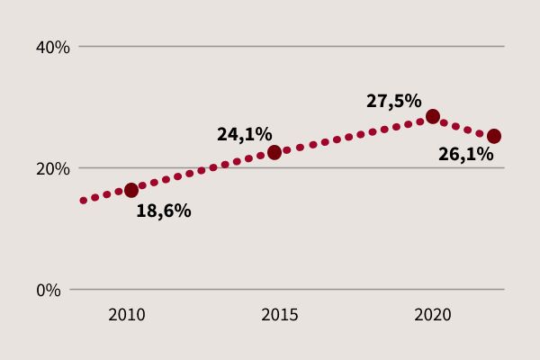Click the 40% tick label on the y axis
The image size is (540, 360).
pyautogui.click(x=51, y=47)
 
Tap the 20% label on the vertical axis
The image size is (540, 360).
pyautogui.click(x=51, y=168)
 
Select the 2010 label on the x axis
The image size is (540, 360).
pyautogui.click(x=126, y=315)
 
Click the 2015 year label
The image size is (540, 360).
pyautogui.click(x=280, y=315)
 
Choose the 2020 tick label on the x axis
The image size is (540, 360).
pyautogui.click(x=432, y=315)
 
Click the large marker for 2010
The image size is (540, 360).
pyautogui.click(x=131, y=190)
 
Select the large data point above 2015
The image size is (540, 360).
pyautogui.click(x=274, y=152)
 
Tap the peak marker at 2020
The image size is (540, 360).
pyautogui.click(x=433, y=116)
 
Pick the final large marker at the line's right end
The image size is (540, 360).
pyautogui.click(x=493, y=136)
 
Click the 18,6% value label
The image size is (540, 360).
pyautogui.click(x=163, y=211)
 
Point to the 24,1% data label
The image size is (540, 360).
pyautogui.click(x=244, y=134)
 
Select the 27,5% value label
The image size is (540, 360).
pyautogui.click(x=393, y=101)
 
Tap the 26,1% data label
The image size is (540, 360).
pyautogui.click(x=465, y=155)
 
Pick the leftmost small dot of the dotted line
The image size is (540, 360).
pyautogui.click(x=84, y=201)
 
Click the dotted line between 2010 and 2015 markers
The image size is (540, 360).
pyautogui.click(x=202, y=170)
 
